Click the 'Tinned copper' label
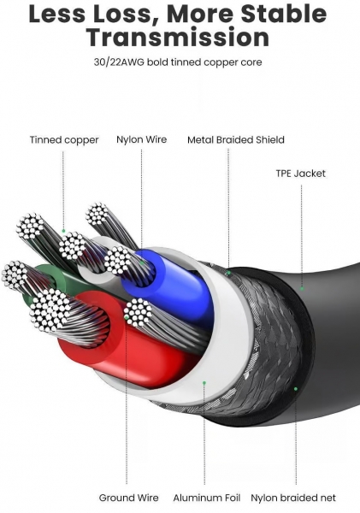coord(64,140)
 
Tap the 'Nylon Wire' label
coord(142,139)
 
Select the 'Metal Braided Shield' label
coord(236,140)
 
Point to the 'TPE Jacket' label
coord(300,174)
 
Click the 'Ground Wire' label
coord(128,498)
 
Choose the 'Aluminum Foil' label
coord(207,498)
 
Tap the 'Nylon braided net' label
coord(293,498)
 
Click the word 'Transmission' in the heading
coord(178,38)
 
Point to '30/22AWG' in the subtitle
coord(119,62)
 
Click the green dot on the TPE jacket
coord(302,289)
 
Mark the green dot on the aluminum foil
coord(204,382)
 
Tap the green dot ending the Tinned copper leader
coord(63,231)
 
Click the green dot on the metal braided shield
coord(229,273)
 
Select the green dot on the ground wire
coord(127,317)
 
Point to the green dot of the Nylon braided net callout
coord(296,389)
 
